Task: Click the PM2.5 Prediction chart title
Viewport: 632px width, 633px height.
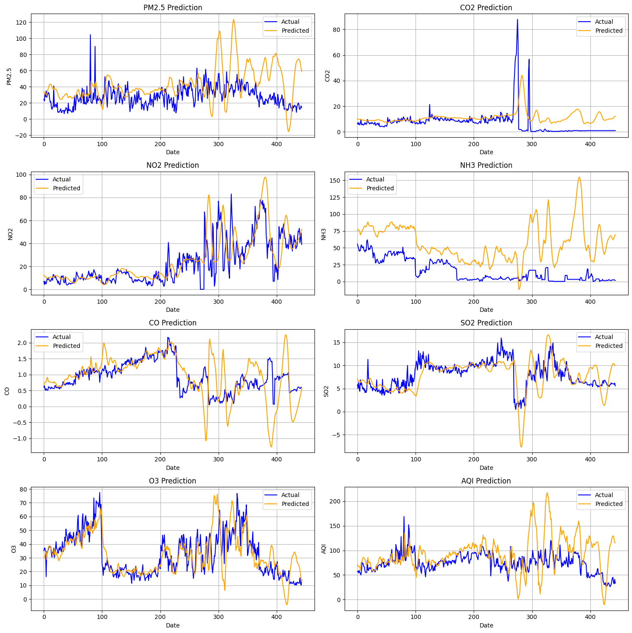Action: point(173,8)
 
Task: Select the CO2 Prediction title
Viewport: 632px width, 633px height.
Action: point(486,8)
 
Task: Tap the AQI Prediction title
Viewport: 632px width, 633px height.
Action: point(486,481)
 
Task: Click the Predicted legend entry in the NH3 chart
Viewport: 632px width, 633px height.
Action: point(380,188)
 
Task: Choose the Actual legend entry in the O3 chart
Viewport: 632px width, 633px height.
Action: point(290,495)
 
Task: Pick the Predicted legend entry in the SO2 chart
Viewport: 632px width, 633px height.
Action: point(609,346)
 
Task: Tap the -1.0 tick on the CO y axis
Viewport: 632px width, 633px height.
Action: point(20,438)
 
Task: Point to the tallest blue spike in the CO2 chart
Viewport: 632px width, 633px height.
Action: point(517,20)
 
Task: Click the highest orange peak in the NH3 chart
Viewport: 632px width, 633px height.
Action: point(579,178)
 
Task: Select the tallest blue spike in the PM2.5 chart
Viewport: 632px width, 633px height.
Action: point(90,35)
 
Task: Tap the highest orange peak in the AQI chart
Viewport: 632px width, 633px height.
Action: point(547,493)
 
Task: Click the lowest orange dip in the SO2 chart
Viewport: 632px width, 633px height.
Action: point(521,446)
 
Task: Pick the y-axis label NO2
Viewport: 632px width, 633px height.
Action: point(11,234)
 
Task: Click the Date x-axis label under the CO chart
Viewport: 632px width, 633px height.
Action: point(173,468)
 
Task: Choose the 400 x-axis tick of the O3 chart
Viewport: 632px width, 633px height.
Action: point(277,616)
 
